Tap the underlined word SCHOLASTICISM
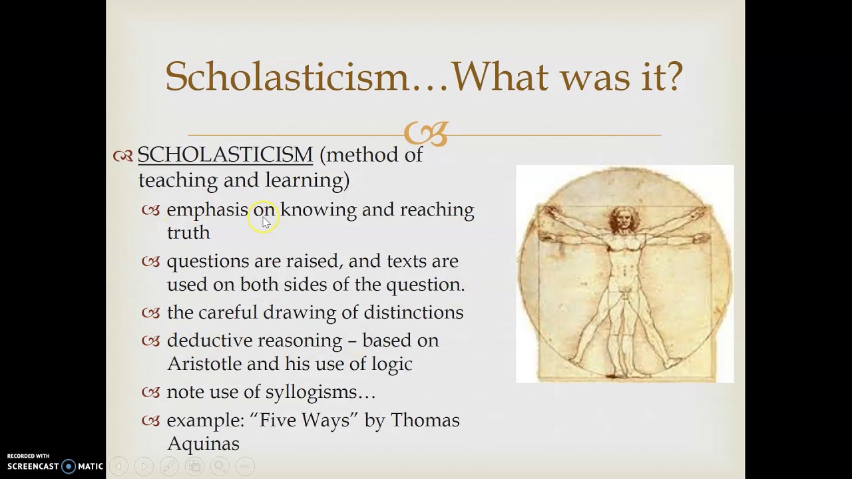pyautogui.click(x=225, y=155)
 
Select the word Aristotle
pyautogui.click(x=204, y=364)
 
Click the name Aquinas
pyautogui.click(x=203, y=443)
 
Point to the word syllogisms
pyautogui.click(x=320, y=393)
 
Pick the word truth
pyautogui.click(x=188, y=232)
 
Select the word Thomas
pyautogui.click(x=425, y=420)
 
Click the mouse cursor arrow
pyautogui.click(x=266, y=222)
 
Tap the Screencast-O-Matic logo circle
pyautogui.click(x=69, y=466)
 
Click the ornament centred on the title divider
pyautogui.click(x=425, y=134)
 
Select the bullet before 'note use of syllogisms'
pyautogui.click(x=151, y=393)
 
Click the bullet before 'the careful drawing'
pyautogui.click(x=151, y=313)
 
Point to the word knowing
pyautogui.click(x=318, y=210)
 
